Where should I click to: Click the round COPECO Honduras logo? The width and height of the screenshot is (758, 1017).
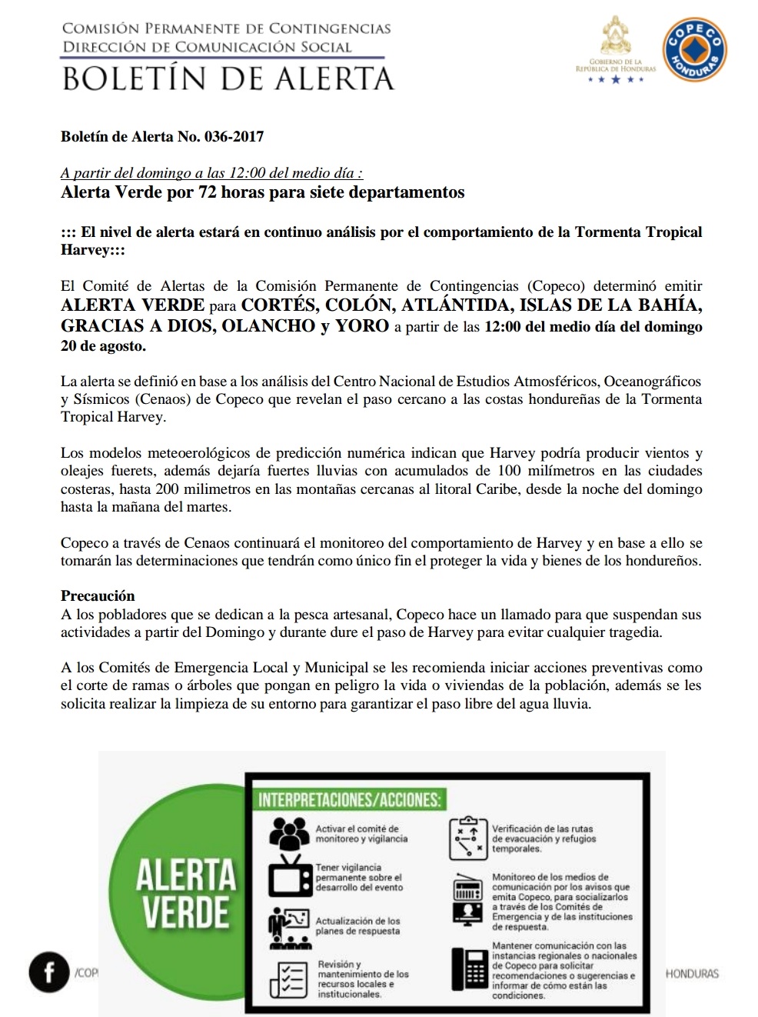[694, 51]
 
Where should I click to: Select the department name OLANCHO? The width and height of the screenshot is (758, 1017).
[268, 325]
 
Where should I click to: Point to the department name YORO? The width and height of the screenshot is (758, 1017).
[362, 325]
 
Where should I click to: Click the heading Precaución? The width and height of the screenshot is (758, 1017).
[98, 595]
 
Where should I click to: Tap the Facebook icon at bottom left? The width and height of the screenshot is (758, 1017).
[48, 972]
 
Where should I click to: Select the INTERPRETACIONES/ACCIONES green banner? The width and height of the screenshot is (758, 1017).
[350, 799]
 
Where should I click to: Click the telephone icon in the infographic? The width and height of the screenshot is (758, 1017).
[468, 968]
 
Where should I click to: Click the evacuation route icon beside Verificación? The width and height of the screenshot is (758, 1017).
[467, 838]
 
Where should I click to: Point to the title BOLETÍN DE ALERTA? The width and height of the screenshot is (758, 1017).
[228, 78]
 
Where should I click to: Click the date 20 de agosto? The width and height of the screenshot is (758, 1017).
[102, 346]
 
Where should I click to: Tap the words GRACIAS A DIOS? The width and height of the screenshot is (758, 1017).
[136, 325]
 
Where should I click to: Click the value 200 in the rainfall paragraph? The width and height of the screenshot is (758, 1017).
[167, 489]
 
